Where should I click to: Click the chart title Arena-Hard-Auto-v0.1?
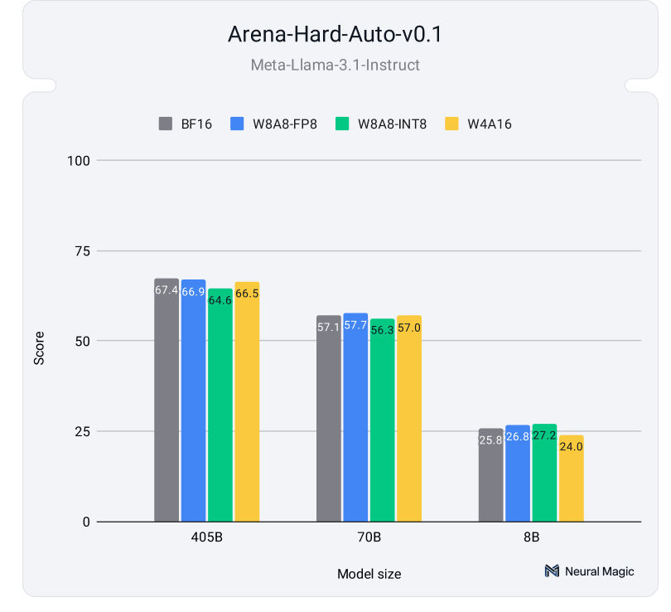335,36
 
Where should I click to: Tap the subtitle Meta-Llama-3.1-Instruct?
335,64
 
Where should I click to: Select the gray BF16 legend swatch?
165,124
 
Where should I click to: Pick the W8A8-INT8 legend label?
392,124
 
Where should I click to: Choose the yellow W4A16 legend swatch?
451,124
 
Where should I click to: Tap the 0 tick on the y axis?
84,522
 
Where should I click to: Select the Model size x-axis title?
369,574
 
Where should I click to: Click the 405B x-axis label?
206,537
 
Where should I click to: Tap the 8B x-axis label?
531,537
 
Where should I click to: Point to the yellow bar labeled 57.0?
409,419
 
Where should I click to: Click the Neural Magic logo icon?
552,571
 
